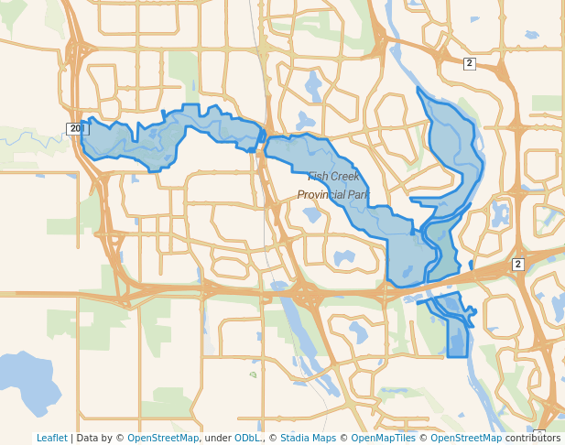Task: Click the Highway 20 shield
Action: [x=74, y=128]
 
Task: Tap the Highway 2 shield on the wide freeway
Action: [x=517, y=264]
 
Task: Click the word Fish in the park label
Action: [x=318, y=177]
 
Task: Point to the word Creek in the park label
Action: [x=345, y=177]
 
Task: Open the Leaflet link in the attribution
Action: [x=51, y=438]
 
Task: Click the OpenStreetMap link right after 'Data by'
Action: [x=162, y=438]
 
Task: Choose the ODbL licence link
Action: [x=247, y=438]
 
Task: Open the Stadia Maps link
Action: [x=308, y=438]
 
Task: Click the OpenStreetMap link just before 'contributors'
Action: [x=466, y=438]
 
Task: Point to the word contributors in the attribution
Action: [x=533, y=438]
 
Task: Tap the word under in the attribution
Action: [x=217, y=438]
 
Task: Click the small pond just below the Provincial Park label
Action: [x=311, y=216]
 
